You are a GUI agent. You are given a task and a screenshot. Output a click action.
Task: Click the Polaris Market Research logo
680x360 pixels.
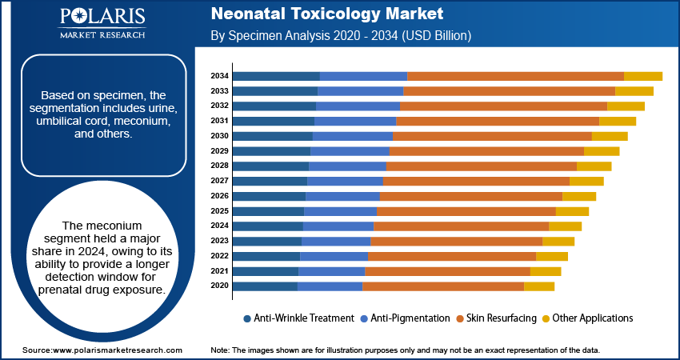tap(102, 23)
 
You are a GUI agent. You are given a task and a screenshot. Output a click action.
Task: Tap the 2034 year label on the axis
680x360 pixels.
tap(219, 76)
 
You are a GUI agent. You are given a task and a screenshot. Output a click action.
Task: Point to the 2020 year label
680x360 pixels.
tap(219, 286)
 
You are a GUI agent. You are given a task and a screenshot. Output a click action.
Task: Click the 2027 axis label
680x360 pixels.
tap(219, 181)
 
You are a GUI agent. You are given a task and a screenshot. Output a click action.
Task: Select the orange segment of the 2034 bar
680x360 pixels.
tap(515, 76)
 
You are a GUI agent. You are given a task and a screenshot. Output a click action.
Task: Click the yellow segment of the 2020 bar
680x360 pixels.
tap(538, 286)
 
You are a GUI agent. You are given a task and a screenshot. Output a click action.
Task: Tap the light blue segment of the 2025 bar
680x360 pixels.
tap(340, 211)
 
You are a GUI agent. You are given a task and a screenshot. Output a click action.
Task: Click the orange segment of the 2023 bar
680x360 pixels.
tap(456, 241)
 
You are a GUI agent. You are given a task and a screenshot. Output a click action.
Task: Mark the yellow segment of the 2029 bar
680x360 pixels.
tap(602, 151)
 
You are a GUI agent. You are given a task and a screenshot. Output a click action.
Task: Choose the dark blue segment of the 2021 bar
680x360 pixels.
tap(266, 271)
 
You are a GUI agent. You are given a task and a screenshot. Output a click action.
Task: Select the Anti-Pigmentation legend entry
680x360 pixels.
tap(410, 318)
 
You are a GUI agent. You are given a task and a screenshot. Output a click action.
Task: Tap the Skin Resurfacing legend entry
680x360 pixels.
tap(502, 318)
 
